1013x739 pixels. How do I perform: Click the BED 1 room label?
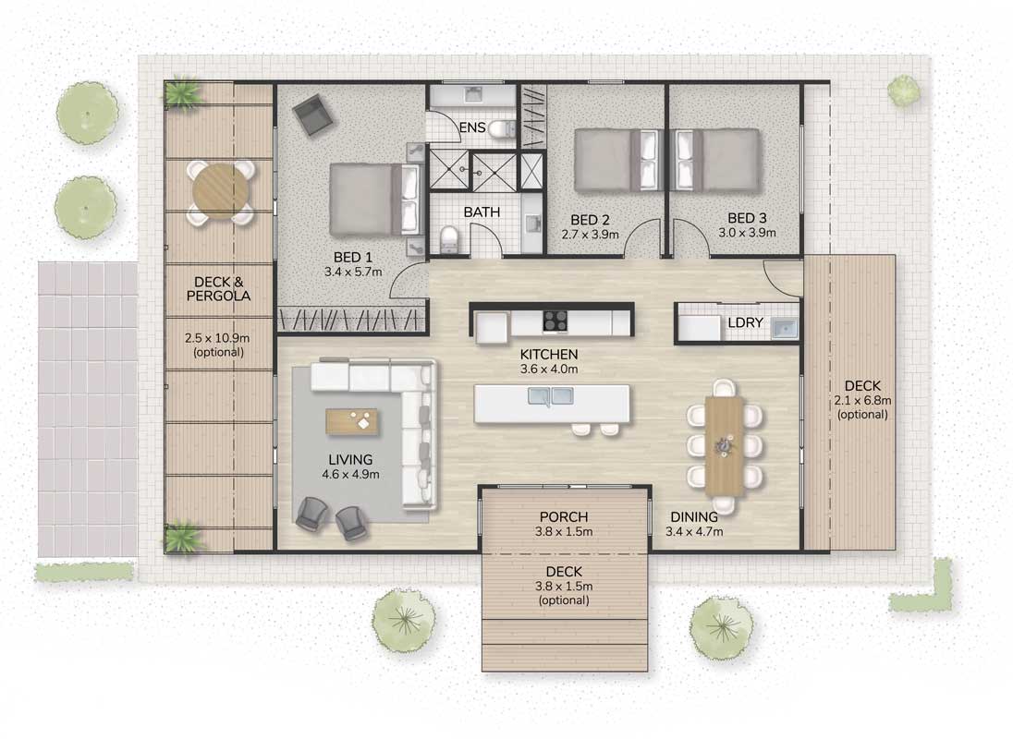[x=353, y=258]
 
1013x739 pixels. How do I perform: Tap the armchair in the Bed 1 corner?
[x=312, y=115]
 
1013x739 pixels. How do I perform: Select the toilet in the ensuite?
[x=501, y=129]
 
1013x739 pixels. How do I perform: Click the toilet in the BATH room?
[x=447, y=239]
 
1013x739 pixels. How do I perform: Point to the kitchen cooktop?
[x=555, y=321]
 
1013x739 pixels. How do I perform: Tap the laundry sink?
[x=785, y=329]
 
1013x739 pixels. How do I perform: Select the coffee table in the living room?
[x=352, y=422]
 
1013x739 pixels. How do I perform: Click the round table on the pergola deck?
[x=221, y=192]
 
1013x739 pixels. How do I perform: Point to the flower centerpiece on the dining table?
[x=724, y=445]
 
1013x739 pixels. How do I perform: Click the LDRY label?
[x=745, y=322]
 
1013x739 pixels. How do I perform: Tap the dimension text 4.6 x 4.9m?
[x=351, y=475]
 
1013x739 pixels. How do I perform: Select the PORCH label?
[x=564, y=517]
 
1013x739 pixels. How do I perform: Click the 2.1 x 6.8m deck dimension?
[x=862, y=400]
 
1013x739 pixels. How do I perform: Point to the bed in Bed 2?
[x=616, y=160]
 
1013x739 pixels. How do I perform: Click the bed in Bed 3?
[x=715, y=160]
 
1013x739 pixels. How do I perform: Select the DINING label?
[x=694, y=517]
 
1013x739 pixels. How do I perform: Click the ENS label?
[x=472, y=127]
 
